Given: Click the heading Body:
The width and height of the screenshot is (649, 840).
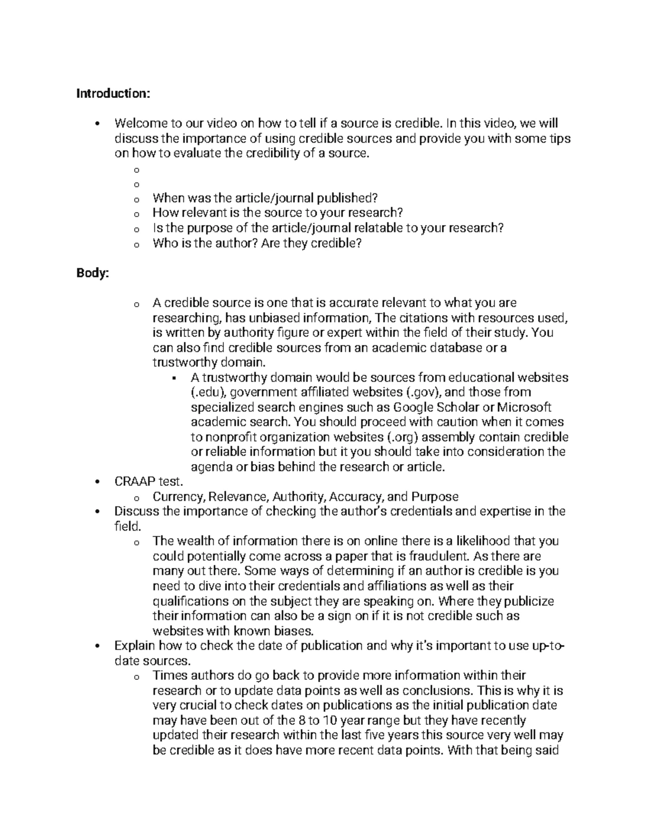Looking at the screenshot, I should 92,273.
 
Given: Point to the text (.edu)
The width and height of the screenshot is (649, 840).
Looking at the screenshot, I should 207,392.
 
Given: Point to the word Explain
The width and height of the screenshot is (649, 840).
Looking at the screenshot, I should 135,646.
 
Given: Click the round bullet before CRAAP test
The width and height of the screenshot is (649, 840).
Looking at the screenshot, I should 96,482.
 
